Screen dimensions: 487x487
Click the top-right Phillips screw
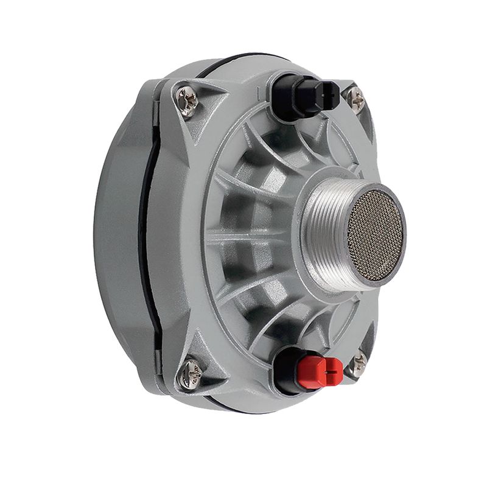click(355, 99)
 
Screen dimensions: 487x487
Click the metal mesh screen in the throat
click(374, 235)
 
